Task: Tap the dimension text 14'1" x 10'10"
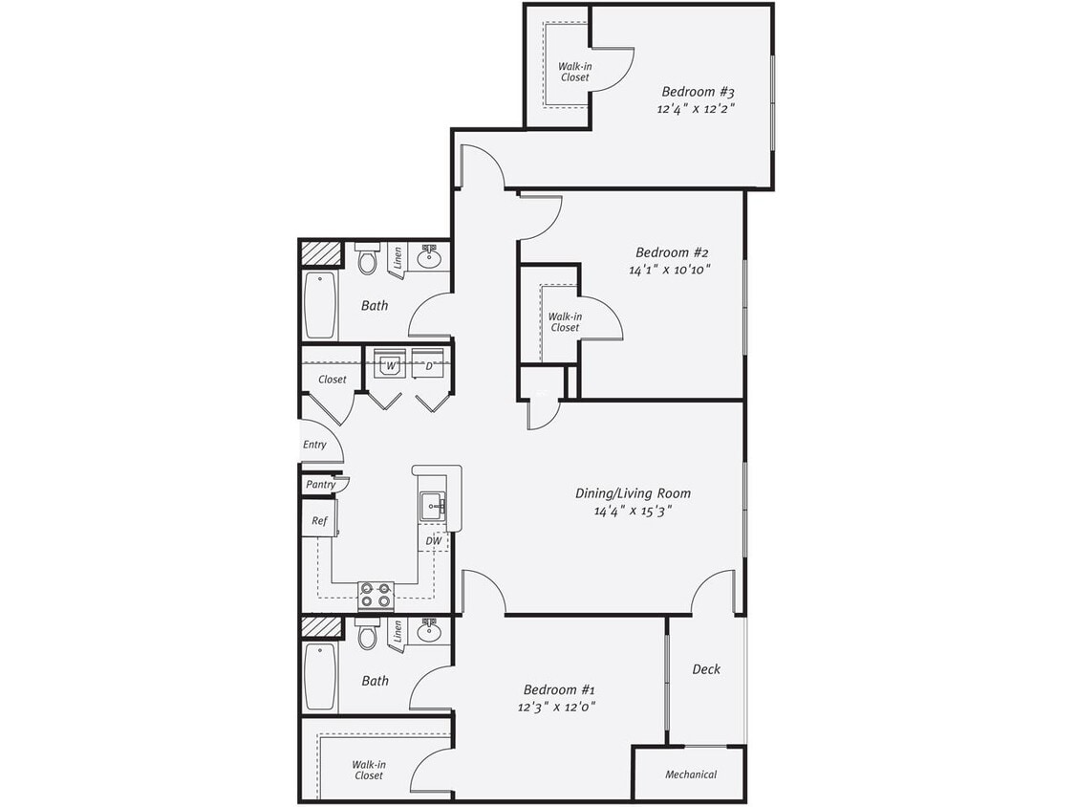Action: [670, 270]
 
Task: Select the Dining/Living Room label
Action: [633, 493]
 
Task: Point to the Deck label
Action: [706, 669]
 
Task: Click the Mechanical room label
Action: [691, 774]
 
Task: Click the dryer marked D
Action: [429, 365]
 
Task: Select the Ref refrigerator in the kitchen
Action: [319, 521]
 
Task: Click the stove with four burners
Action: [376, 595]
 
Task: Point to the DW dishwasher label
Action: [434, 541]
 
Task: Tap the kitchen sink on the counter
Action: [432, 505]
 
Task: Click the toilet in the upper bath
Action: [368, 260]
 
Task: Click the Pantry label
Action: [321, 485]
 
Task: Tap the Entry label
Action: [314, 445]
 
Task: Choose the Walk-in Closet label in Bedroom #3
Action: [574, 72]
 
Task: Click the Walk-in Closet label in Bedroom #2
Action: [565, 321]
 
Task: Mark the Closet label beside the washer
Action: [333, 380]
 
